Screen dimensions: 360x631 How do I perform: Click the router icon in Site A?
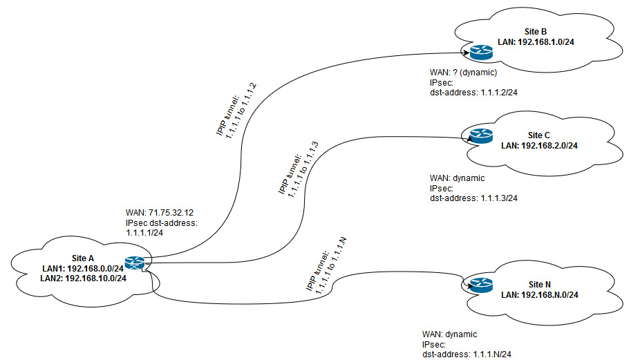(134, 263)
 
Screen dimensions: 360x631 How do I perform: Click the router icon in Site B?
(477, 52)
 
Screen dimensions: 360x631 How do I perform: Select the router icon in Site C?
(477, 136)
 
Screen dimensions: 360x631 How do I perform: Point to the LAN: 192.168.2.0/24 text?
(538, 145)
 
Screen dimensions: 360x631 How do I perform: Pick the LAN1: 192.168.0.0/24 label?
(82, 268)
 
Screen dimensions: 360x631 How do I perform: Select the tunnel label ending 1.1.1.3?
(295, 171)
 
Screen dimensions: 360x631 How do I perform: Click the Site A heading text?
(83, 258)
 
